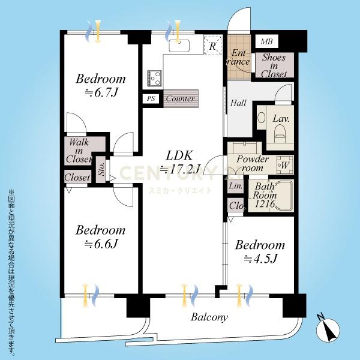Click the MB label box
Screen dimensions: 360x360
266,41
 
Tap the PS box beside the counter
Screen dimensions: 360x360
151,99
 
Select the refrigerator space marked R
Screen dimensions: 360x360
213,46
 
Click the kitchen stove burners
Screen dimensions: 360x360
154,78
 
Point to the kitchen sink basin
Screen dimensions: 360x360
179,46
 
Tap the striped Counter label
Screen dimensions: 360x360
181,99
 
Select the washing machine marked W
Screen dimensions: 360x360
284,165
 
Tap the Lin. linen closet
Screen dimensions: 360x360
236,185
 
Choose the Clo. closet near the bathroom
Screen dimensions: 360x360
236,205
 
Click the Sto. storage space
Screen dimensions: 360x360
101,169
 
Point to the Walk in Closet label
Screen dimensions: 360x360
79,151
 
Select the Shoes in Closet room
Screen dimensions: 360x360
274,65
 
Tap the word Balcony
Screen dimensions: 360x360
209,317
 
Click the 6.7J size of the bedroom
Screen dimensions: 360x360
101,93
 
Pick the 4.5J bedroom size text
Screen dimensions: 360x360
260,259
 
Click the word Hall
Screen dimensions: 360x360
238,103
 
